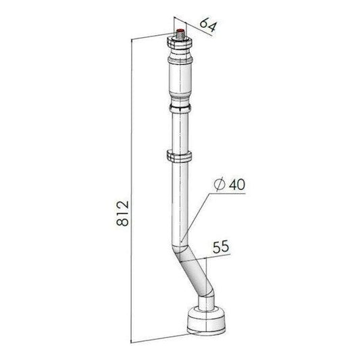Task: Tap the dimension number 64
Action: coord(208,27)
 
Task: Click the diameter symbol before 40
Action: coord(217,184)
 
